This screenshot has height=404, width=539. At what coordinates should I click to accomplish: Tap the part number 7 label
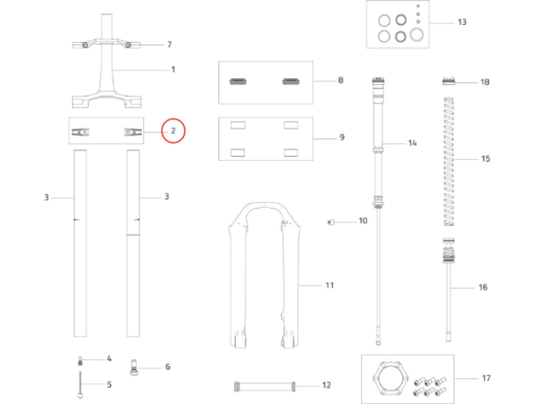169,44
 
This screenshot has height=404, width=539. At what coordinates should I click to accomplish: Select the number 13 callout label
462,22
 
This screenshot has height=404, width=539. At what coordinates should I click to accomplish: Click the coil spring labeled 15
449,162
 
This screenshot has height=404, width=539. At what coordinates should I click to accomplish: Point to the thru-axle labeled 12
264,386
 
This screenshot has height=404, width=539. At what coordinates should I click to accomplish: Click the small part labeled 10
331,222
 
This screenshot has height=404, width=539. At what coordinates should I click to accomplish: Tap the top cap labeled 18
448,81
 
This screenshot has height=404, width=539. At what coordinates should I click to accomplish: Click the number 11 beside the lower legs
329,285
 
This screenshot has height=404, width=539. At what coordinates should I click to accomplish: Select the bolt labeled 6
134,367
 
